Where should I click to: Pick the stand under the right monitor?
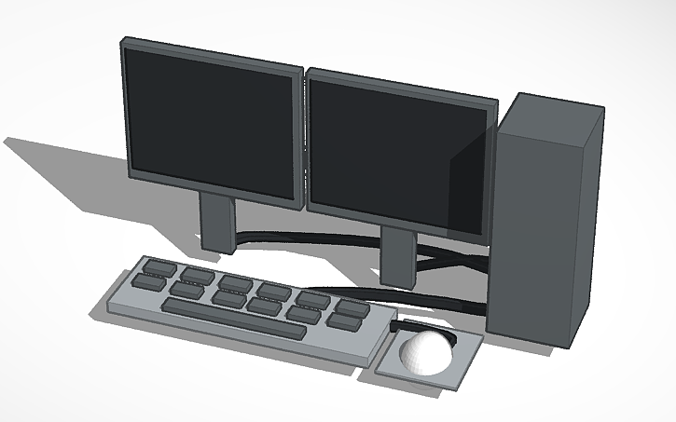[398, 256]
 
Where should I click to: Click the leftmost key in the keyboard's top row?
[159, 268]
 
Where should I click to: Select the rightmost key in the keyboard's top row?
[351, 306]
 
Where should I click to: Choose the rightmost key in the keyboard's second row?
[344, 321]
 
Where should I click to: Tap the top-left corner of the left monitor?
[123, 40]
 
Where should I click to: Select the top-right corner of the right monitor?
[499, 98]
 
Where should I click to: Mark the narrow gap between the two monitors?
[305, 140]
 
